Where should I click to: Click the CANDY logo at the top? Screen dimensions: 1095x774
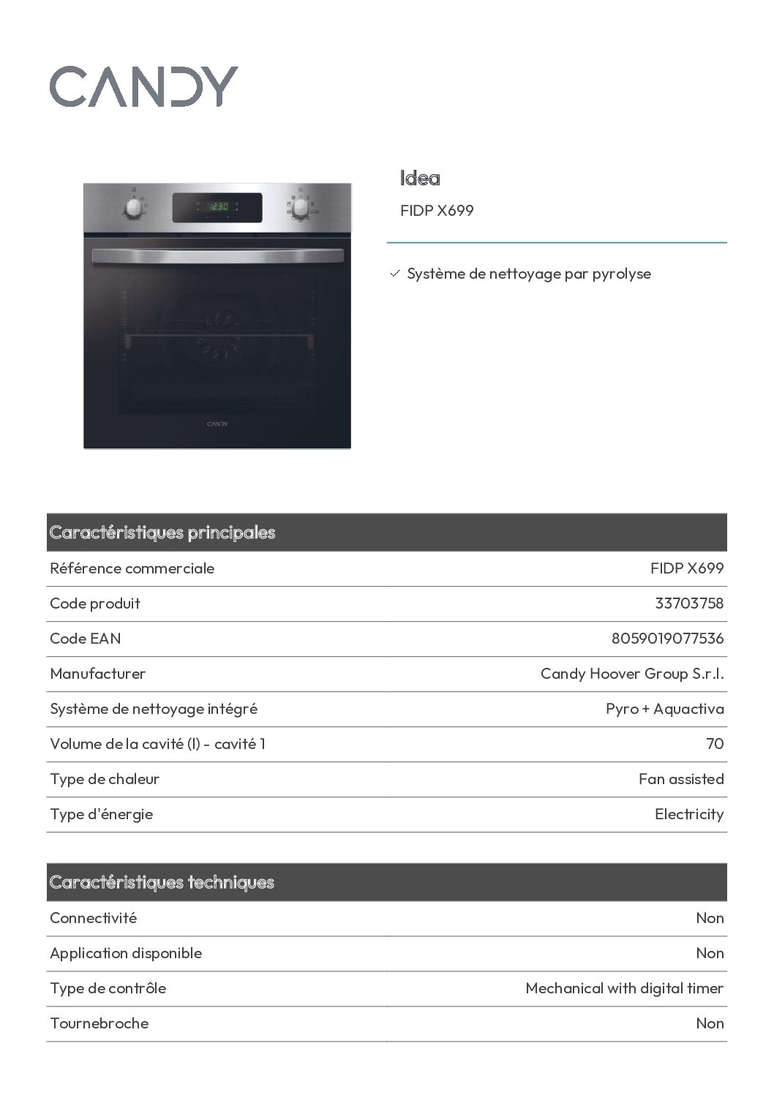[x=143, y=86]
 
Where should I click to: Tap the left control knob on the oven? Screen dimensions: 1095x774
[x=134, y=208]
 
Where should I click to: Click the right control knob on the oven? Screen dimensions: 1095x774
[x=300, y=208]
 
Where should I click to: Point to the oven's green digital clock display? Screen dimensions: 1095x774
[x=218, y=207]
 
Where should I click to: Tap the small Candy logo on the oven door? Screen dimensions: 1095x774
[x=217, y=424]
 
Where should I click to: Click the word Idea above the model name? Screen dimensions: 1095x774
[x=420, y=178]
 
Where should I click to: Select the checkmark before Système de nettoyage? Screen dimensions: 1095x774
[x=395, y=274]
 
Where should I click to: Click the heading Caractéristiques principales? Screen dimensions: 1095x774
[x=162, y=533]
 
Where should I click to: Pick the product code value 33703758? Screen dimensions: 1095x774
[x=689, y=603]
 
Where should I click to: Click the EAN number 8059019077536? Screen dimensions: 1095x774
[x=667, y=639]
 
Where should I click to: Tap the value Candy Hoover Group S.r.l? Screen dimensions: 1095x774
[x=632, y=674]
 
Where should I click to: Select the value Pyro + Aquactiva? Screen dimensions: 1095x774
[x=664, y=709]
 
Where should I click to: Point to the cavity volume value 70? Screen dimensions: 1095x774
[x=715, y=744]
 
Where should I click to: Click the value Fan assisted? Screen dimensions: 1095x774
[x=681, y=779]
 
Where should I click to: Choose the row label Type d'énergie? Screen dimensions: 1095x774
[x=102, y=814]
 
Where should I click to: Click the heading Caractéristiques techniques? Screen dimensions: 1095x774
[x=162, y=882]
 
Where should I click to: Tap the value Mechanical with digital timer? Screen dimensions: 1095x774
[x=624, y=988]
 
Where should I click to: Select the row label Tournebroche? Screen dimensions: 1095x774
[x=99, y=1023]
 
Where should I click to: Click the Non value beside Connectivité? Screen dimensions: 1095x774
[x=710, y=918]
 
